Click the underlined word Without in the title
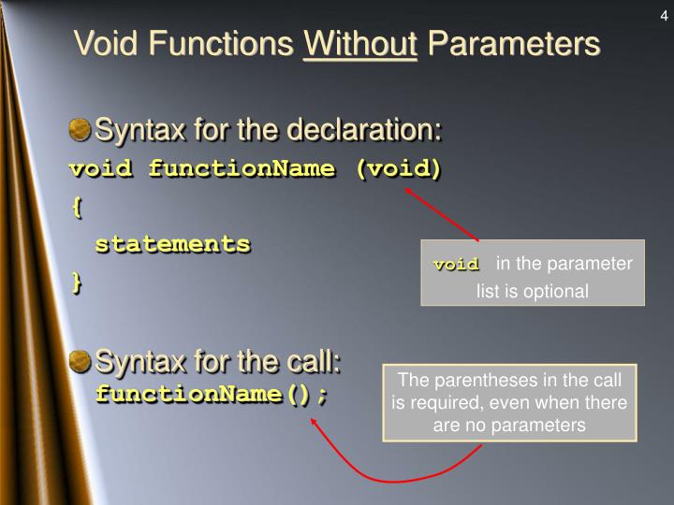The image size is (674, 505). pos(360,42)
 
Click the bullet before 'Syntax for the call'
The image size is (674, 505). pos(82,360)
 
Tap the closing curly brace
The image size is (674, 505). pos(76,283)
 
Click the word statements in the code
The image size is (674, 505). pos(173,244)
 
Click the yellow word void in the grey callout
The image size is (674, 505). pos(456,266)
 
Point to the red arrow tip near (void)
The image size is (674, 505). pos(407,189)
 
